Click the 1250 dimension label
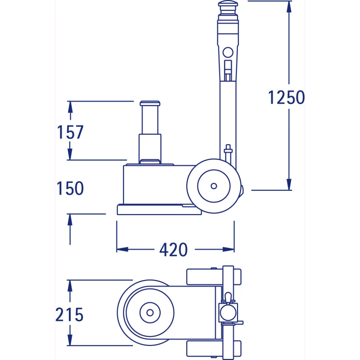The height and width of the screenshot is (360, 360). (286, 97)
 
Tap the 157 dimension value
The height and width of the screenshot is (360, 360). (70, 132)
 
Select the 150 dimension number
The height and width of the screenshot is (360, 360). (70, 188)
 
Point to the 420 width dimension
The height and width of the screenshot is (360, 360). (174, 250)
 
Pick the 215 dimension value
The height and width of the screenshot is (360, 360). (69, 315)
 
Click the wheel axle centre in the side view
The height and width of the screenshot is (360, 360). (214, 186)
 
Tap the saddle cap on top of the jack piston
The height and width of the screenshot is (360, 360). (150, 103)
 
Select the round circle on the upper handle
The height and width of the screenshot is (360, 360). (228, 52)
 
